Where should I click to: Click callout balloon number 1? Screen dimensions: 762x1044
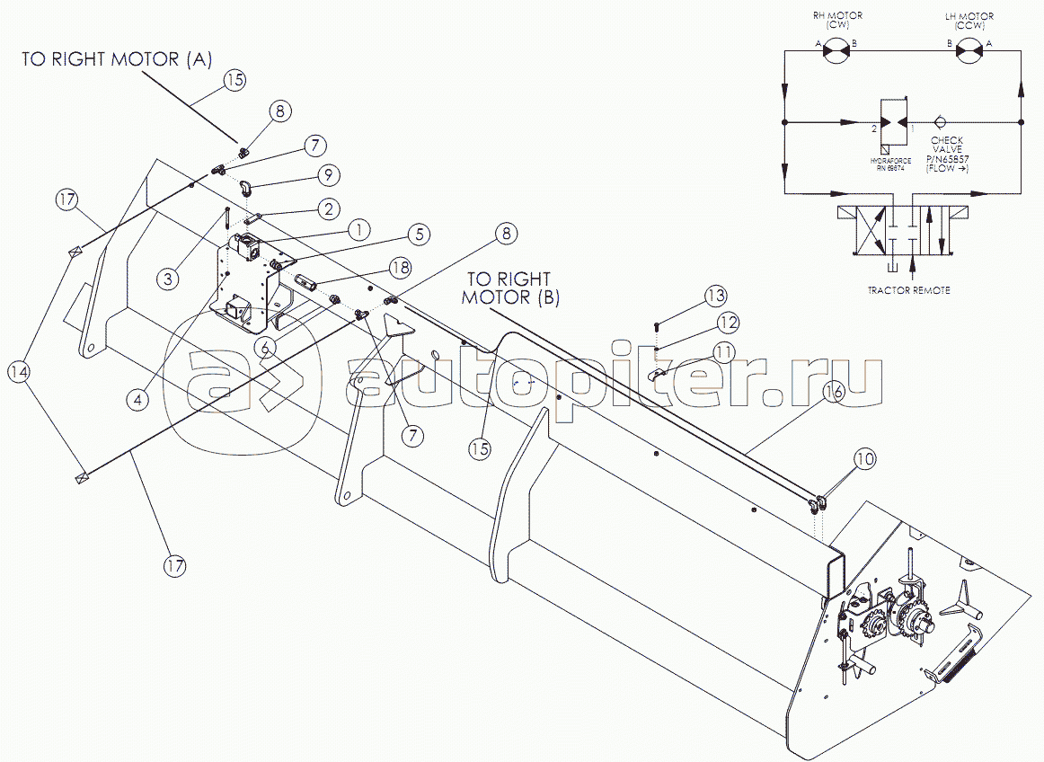pos(358,229)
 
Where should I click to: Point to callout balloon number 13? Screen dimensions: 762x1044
pos(715,296)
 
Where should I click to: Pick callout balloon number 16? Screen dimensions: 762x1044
pos(835,391)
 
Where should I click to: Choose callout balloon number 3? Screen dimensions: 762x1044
pos(167,279)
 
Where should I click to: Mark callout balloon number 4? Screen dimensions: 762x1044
pos(137,400)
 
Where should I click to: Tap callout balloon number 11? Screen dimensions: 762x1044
pos(724,350)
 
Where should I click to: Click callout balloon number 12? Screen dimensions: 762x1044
pos(727,322)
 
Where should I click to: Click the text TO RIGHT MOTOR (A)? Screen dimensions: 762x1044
pos(117,60)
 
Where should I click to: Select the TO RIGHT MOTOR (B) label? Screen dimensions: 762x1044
pos(510,289)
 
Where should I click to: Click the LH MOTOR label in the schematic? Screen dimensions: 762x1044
pos(970,20)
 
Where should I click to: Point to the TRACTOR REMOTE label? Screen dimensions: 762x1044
pos(909,290)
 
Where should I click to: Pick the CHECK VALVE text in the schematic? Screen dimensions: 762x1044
pos(947,146)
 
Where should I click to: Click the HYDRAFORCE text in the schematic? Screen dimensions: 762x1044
pos(891,161)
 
